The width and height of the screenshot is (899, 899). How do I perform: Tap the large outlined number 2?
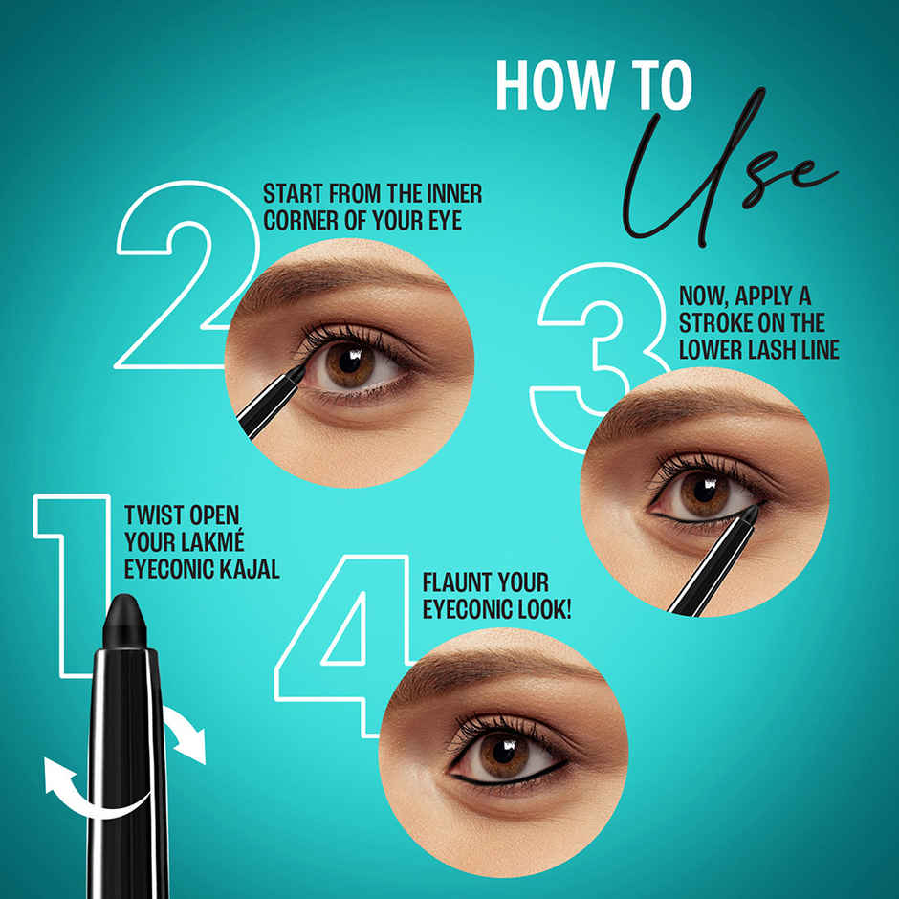[x=182, y=287]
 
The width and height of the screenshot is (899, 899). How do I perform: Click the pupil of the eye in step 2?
[x=349, y=362]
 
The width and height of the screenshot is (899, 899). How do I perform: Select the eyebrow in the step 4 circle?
[x=497, y=669]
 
